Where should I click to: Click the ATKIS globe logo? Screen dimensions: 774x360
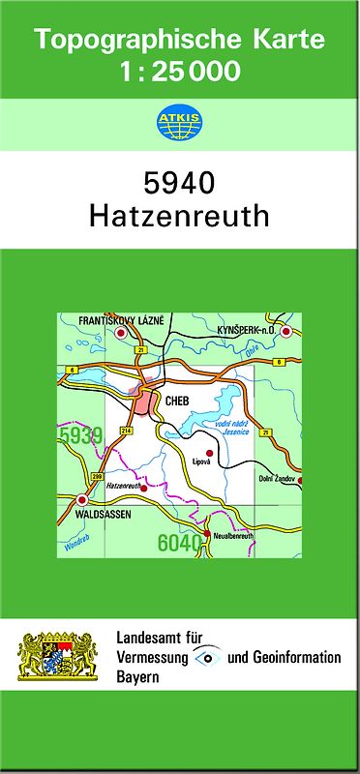[180, 122]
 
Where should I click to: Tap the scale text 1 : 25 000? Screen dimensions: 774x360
[180, 71]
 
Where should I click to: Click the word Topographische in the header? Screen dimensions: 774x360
[131, 42]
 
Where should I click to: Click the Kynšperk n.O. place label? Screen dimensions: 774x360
[247, 330]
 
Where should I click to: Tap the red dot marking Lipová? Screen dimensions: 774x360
[209, 452]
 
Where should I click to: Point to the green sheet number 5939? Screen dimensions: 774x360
[79, 437]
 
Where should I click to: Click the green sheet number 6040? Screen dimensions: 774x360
[179, 544]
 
